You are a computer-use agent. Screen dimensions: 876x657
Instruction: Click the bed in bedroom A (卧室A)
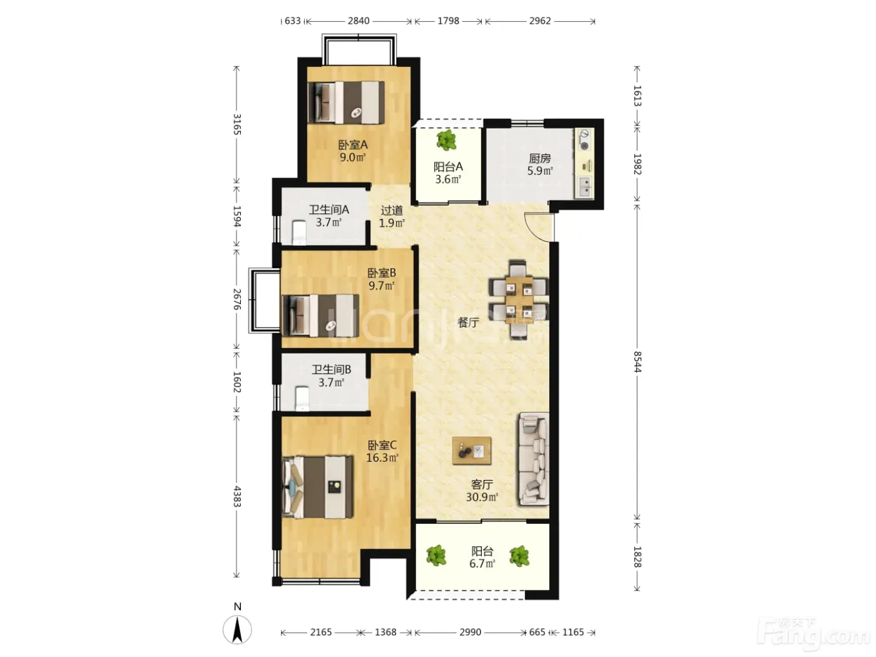pyautogui.click(x=346, y=103)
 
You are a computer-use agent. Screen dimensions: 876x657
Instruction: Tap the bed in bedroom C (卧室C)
pyautogui.click(x=317, y=487)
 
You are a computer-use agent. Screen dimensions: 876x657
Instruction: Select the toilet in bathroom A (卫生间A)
pyautogui.click(x=299, y=233)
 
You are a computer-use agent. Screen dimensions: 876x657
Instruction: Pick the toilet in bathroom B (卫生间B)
pyautogui.click(x=302, y=398)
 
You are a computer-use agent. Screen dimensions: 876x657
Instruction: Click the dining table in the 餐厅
pyautogui.click(x=519, y=300)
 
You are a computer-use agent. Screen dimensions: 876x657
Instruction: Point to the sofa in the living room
pyautogui.click(x=534, y=459)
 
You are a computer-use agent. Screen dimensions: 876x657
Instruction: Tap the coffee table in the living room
pyautogui.click(x=471, y=451)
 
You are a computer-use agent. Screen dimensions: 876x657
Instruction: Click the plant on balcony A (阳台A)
pyautogui.click(x=446, y=140)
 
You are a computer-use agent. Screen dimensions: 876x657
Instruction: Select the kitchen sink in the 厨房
pyautogui.click(x=584, y=186)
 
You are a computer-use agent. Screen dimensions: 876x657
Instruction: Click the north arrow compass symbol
pyautogui.click(x=237, y=630)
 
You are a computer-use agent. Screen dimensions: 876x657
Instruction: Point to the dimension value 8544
pyautogui.click(x=637, y=362)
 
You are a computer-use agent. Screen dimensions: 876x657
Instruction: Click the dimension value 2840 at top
pyautogui.click(x=359, y=21)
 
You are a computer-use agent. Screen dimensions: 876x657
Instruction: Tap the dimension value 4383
pyautogui.click(x=237, y=496)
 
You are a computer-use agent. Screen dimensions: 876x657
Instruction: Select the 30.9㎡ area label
pyautogui.click(x=482, y=497)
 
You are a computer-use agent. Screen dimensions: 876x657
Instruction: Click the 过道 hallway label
pyautogui.click(x=392, y=210)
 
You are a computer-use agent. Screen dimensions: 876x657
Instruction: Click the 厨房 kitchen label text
pyautogui.click(x=540, y=158)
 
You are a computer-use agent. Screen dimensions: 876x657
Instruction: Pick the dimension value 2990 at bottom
pyautogui.click(x=470, y=632)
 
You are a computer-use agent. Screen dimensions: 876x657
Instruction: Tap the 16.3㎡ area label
pyautogui.click(x=382, y=457)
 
